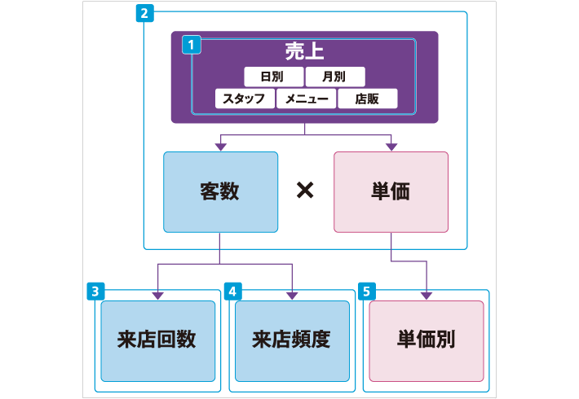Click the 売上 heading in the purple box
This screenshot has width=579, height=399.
pos(305,51)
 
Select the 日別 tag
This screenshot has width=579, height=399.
pos(272,77)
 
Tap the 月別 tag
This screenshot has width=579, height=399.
pos(334,77)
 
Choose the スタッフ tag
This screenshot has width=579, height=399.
pos(245,99)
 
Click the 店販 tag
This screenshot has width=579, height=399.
pos(368,99)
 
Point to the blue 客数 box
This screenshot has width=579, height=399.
pos(220,192)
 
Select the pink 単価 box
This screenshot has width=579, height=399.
pos(391,192)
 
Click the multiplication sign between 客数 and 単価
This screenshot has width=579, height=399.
pos(305,191)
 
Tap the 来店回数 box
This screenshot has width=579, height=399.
pos(157,340)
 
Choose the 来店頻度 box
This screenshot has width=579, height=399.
pos(291,340)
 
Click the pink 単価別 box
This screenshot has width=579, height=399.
pos(427,340)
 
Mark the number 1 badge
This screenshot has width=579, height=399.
pos(191,46)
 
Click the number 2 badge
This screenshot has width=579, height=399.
pos(144,13)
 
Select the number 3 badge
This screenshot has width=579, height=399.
pos(95,290)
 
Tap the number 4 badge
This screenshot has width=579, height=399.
pos(232,290)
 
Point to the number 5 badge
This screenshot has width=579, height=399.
pos(367,290)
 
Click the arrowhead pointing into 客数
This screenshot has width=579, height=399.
pos(220,147)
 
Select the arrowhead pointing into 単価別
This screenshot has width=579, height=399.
pos(427,296)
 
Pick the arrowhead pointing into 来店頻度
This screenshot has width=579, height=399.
pos(291,296)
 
